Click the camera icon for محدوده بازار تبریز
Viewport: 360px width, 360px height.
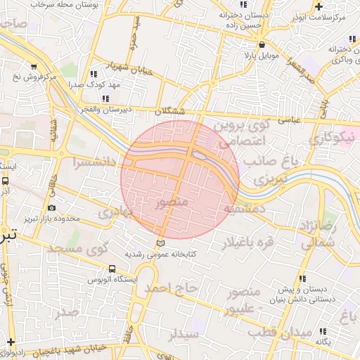tap(52, 207)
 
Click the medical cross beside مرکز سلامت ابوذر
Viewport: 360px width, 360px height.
tap(319, 6)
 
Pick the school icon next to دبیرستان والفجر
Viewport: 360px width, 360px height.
tap(105, 98)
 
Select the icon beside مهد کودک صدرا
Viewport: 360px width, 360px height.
tap(94, 73)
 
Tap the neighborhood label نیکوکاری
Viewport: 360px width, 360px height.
tap(330, 138)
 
